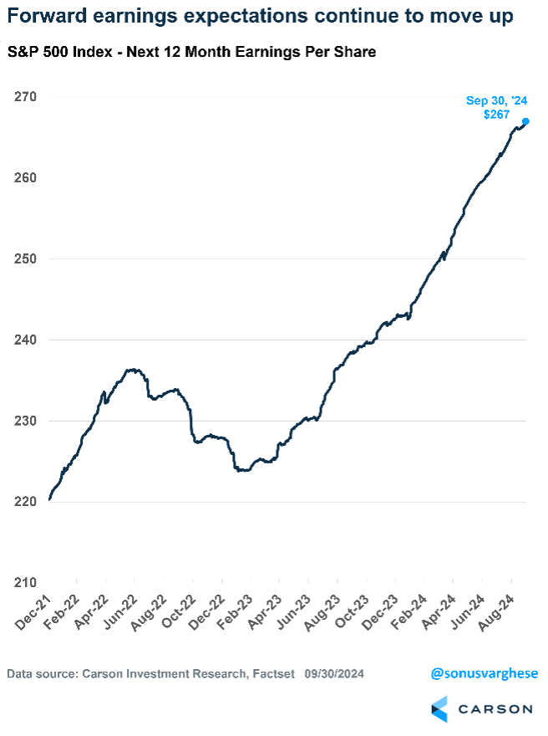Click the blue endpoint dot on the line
[x=525, y=121]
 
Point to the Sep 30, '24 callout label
[x=496, y=100]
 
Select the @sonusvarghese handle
[x=485, y=673]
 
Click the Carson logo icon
[x=439, y=708]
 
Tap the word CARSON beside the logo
[x=495, y=709]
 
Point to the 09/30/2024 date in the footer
[x=334, y=674]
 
